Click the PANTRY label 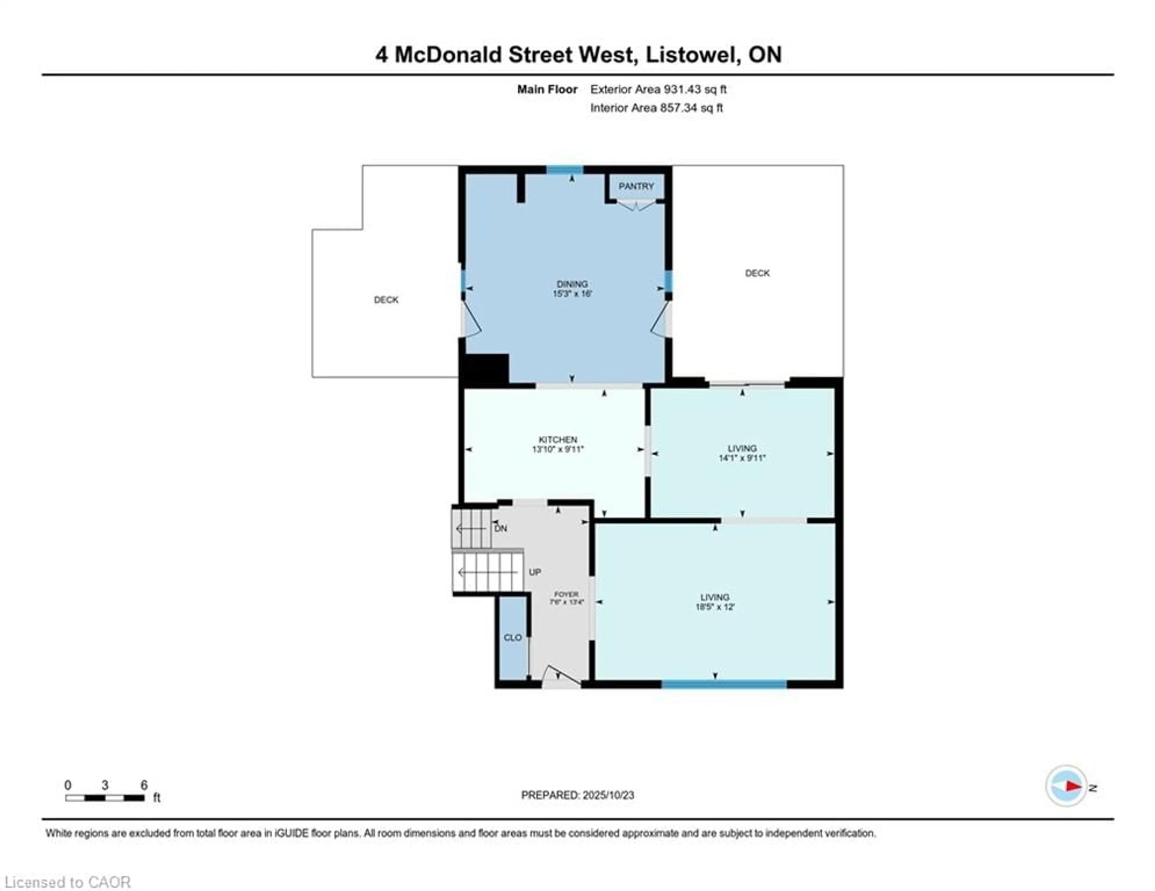click(x=636, y=186)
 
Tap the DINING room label click(x=572, y=284)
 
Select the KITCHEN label click(x=558, y=439)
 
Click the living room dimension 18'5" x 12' click(x=715, y=607)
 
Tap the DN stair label click(x=500, y=528)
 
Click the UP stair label click(x=535, y=572)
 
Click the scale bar click(x=105, y=798)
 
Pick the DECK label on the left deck click(x=386, y=300)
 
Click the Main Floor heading click(x=547, y=89)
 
